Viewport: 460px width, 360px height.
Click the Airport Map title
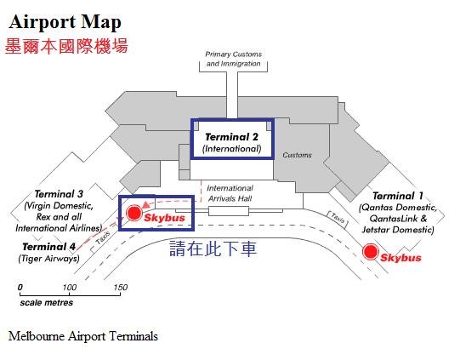click(x=65, y=22)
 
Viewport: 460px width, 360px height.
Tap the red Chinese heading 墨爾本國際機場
click(x=66, y=47)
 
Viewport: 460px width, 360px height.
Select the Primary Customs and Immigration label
click(x=233, y=59)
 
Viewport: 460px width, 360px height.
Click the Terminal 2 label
click(x=232, y=137)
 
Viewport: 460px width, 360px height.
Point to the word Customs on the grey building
click(x=297, y=155)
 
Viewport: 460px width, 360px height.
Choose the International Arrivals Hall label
click(x=230, y=193)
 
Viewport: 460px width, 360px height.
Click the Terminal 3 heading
click(x=59, y=194)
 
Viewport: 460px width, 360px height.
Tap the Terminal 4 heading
click(x=49, y=247)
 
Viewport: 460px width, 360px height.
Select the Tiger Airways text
click(x=48, y=259)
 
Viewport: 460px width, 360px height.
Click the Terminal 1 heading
click(x=398, y=196)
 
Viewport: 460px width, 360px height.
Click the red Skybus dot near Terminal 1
click(x=370, y=252)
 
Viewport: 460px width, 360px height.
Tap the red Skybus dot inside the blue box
click(x=134, y=213)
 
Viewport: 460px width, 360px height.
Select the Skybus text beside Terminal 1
click(x=400, y=258)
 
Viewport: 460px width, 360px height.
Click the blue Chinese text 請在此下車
click(x=213, y=249)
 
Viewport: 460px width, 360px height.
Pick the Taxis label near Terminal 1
click(x=338, y=218)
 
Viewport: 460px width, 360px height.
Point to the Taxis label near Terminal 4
click(x=103, y=237)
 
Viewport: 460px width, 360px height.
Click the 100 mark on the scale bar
click(x=70, y=287)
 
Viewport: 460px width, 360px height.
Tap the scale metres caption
click(x=47, y=302)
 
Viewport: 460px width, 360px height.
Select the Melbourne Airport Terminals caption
click(x=83, y=336)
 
